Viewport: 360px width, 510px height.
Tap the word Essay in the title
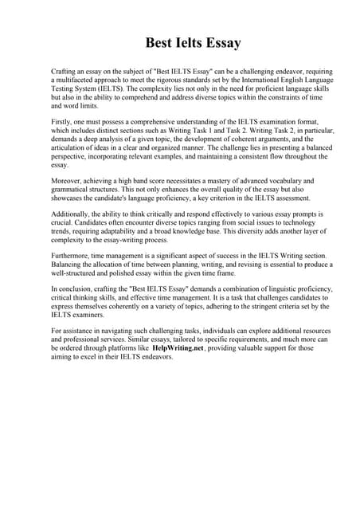[x=219, y=41]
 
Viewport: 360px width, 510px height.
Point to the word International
[x=244, y=80]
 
